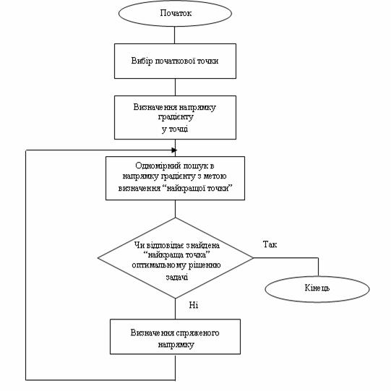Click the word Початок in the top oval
click(176, 13)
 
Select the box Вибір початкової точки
click(175, 61)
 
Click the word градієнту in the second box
click(176, 117)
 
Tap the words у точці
click(175, 129)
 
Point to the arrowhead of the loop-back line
click(174, 150)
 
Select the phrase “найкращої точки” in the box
click(199, 188)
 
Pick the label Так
click(270, 244)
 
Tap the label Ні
click(194, 305)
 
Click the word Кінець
click(317, 288)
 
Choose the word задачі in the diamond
click(177, 277)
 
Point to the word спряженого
click(197, 333)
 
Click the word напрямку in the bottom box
click(176, 345)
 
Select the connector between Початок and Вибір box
click(174, 35)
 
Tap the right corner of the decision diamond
click(253, 258)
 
